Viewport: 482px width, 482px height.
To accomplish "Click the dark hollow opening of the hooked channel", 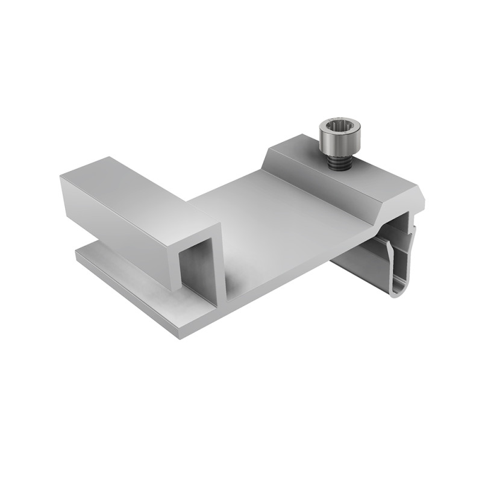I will [196, 265].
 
